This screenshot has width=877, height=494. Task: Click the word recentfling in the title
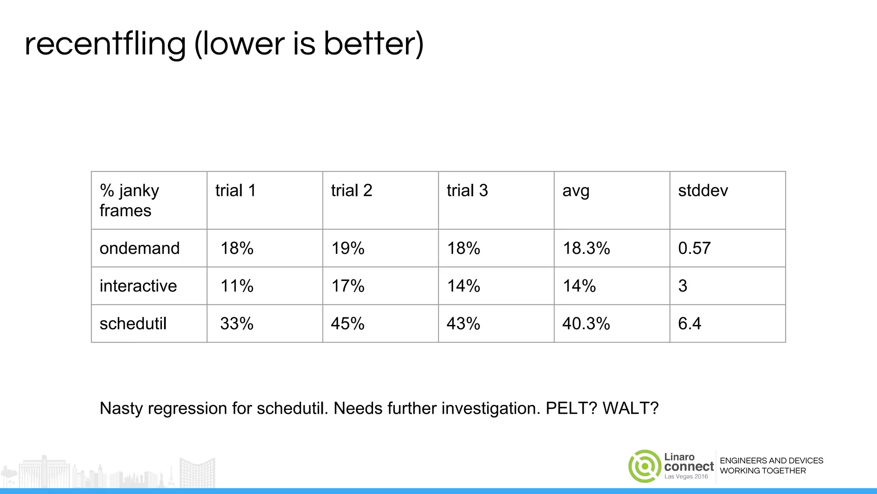(105, 45)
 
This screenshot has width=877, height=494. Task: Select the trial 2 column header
(351, 191)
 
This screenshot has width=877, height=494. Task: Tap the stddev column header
(703, 191)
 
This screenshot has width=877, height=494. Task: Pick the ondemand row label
(140, 248)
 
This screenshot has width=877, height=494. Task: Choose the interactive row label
(138, 286)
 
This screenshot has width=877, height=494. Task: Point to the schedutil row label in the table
(133, 324)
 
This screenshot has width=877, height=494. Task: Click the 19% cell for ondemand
(348, 248)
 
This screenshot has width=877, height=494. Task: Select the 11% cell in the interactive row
(236, 286)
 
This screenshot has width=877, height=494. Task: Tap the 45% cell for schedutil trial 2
(347, 324)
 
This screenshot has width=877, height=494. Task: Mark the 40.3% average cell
(586, 324)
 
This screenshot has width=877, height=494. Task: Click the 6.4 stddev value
(689, 324)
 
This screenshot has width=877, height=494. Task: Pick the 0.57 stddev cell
(694, 248)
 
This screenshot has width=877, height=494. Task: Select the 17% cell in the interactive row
(348, 286)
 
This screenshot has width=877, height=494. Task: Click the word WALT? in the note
(630, 408)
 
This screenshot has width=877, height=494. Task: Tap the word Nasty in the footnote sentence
(121, 408)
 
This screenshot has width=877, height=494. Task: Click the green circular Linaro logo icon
(644, 466)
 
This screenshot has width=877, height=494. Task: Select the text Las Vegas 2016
(686, 477)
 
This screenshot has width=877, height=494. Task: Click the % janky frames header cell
(129, 200)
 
